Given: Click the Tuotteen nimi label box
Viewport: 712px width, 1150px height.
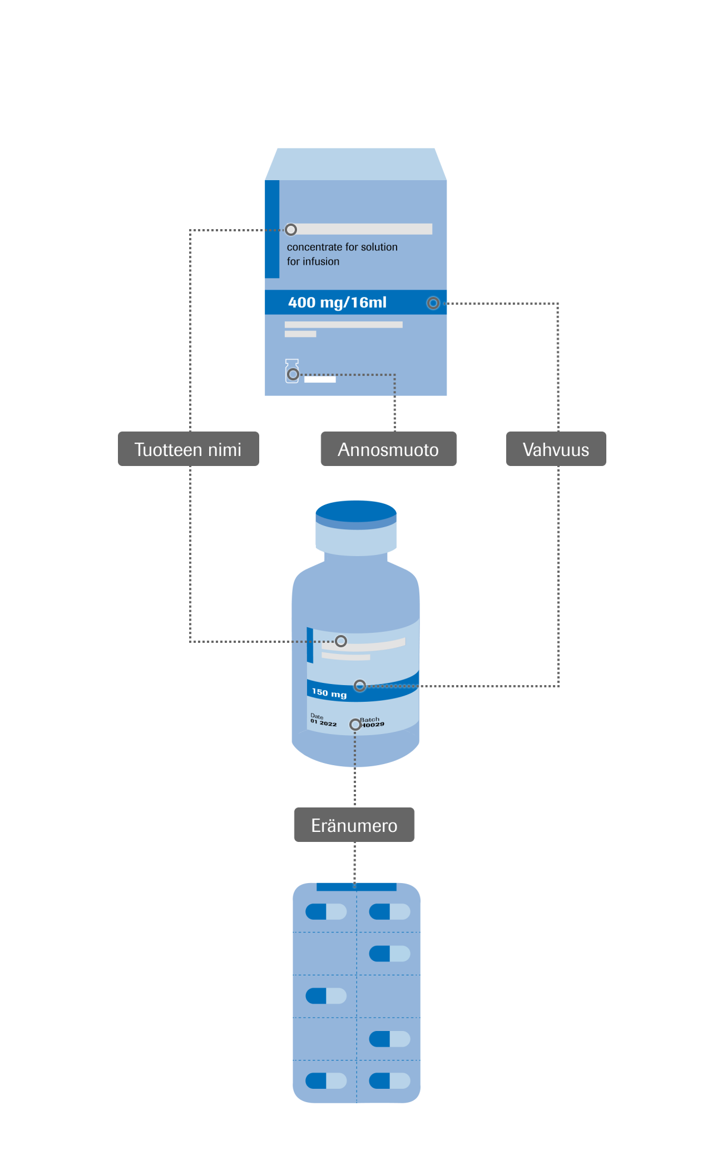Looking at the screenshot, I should tap(188, 449).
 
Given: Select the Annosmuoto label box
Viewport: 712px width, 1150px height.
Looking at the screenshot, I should tap(388, 449).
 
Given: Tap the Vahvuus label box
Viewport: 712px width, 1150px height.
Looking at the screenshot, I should tap(556, 449).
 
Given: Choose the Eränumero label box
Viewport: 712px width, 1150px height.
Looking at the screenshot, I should tap(354, 825).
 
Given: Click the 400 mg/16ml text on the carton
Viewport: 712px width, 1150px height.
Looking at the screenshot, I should tap(337, 303).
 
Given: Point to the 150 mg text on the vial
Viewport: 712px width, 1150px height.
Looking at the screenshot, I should tap(329, 693).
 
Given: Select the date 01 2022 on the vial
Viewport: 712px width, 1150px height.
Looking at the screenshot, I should tap(324, 723).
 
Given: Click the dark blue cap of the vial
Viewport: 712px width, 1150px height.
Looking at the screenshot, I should tap(356, 510).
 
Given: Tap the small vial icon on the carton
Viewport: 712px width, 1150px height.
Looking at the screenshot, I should tap(292, 371).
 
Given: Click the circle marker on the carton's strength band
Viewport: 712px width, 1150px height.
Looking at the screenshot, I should tap(433, 303).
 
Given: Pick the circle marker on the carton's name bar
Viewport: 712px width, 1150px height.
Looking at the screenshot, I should tap(291, 229).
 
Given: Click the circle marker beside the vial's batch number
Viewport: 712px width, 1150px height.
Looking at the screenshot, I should tap(355, 725).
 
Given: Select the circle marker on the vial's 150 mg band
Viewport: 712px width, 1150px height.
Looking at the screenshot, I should tap(360, 685).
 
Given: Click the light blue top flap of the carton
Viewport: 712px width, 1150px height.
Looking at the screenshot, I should tap(355, 164).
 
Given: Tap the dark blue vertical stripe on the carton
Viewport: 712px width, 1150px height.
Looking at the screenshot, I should tap(272, 229).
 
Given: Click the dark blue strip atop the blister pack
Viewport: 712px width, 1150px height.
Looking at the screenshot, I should tap(356, 887).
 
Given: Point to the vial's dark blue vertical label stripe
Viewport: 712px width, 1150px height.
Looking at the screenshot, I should tap(310, 645).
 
